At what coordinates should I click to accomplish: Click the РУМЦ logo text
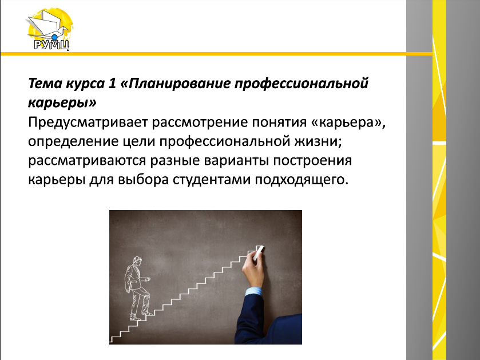(x=51, y=45)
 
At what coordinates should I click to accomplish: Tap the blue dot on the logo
(x=54, y=38)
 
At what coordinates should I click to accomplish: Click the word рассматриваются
(x=87, y=161)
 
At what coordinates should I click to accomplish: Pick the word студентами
(x=211, y=180)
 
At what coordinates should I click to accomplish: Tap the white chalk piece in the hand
(x=258, y=253)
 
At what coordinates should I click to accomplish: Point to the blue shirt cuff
(x=254, y=291)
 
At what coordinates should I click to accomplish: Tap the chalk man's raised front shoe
(x=149, y=313)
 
